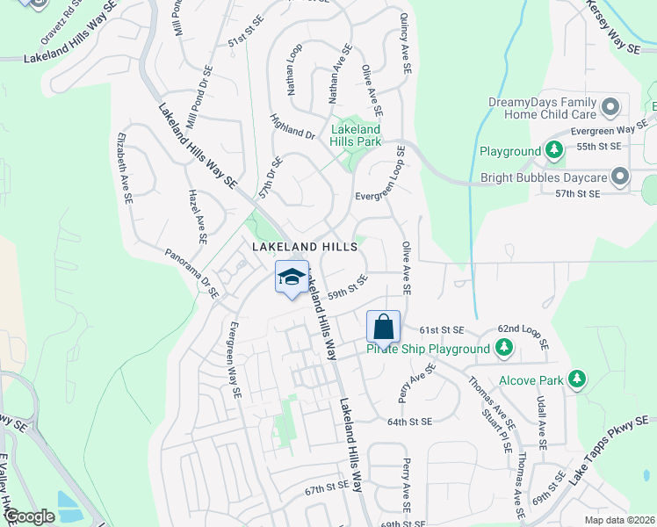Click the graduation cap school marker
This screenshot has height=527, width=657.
(292, 278)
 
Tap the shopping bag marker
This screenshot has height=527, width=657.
(383, 328)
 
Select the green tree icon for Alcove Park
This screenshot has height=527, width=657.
(576, 379)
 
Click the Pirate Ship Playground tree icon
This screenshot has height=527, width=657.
(503, 349)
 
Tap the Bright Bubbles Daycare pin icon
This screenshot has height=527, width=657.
(621, 177)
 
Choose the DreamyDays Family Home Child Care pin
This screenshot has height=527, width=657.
(611, 108)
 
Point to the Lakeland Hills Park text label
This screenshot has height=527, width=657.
(356, 134)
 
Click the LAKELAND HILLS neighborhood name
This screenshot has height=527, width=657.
(304, 248)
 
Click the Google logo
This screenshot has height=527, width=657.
(30, 516)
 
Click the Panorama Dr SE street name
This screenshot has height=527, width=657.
(191, 273)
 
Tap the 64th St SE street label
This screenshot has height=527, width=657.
(409, 422)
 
